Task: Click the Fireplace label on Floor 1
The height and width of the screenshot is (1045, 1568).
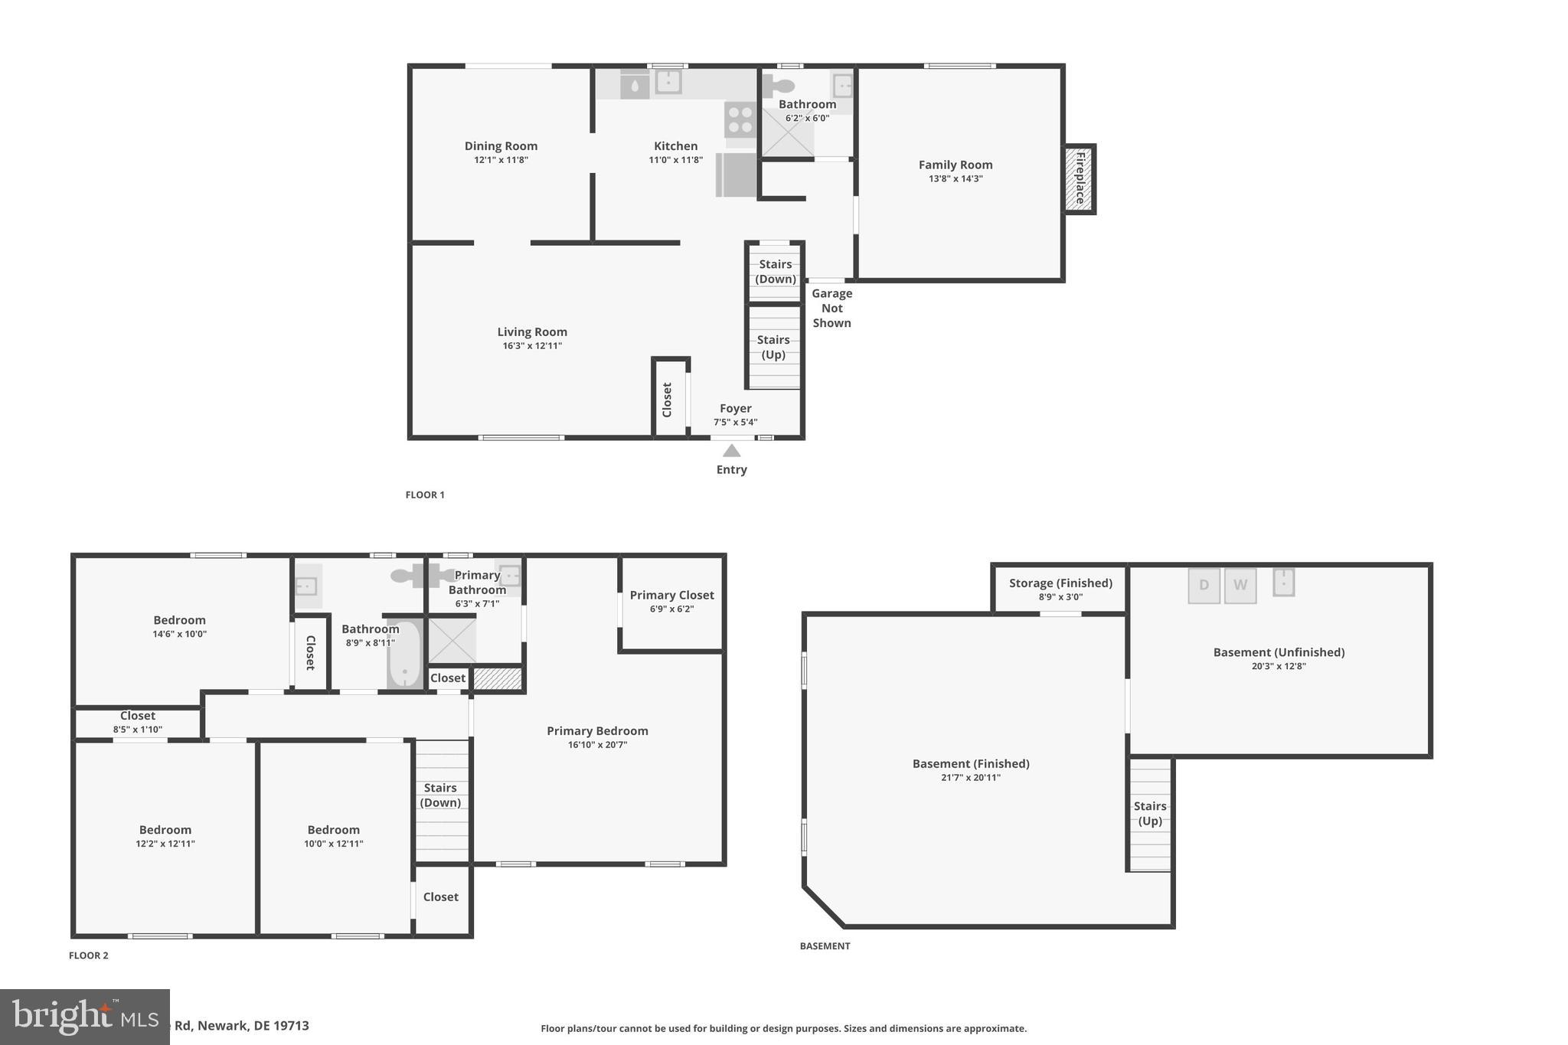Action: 1080,178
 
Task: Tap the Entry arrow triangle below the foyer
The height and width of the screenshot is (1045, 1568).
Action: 731,451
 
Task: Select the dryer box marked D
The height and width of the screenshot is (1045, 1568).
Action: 1204,586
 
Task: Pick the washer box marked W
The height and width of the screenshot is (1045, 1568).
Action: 1240,586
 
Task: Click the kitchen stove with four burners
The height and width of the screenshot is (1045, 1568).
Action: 740,119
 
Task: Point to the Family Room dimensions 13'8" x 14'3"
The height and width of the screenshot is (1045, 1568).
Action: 955,179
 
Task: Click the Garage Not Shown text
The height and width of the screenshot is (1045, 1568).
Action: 831,308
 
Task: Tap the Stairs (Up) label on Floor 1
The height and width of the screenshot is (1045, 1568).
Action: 773,347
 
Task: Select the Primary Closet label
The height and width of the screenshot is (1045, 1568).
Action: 671,595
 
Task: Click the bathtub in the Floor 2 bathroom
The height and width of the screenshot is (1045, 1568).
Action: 404,655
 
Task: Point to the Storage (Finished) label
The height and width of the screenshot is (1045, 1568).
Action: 1060,583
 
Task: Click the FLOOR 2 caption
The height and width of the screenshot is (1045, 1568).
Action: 89,955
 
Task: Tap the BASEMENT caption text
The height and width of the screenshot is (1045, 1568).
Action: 825,946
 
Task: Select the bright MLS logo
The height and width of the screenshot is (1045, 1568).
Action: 84,1017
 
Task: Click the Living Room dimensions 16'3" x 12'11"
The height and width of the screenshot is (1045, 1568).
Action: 532,346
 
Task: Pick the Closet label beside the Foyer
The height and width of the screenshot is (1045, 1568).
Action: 667,400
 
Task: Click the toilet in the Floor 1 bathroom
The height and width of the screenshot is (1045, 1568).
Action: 778,86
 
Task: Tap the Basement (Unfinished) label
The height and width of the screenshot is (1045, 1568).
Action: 1279,652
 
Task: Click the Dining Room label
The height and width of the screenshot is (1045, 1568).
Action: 501,146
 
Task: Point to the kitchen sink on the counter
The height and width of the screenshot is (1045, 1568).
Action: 668,81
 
